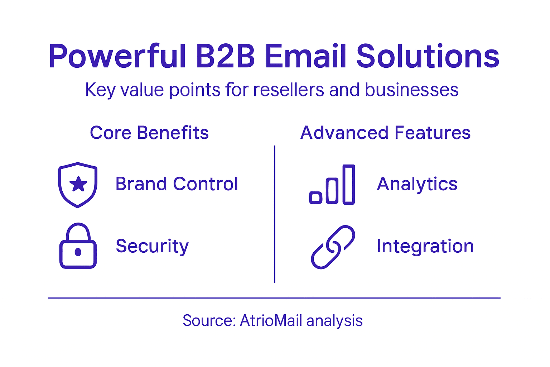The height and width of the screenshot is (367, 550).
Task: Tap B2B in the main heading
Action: tap(226, 57)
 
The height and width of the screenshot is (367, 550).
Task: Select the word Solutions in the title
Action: tap(428, 57)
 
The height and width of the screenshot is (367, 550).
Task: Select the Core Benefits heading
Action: tap(149, 133)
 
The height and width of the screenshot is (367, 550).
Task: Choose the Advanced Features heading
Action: tap(385, 133)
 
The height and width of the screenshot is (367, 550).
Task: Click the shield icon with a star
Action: tap(78, 185)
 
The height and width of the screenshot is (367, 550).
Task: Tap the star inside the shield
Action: tap(78, 184)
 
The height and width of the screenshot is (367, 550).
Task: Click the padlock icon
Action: tap(78, 246)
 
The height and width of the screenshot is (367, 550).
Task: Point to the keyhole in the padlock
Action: tap(78, 252)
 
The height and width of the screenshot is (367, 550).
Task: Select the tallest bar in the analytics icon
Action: tap(348, 185)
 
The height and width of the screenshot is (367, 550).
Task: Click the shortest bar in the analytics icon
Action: tap(315, 197)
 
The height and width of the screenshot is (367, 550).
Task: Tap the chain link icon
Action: tap(333, 247)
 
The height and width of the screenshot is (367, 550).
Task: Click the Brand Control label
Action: tap(177, 184)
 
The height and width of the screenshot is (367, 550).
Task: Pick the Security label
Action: tap(152, 246)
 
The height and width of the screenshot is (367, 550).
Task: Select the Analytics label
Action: tap(417, 184)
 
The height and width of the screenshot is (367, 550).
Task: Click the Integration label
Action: tap(425, 246)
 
